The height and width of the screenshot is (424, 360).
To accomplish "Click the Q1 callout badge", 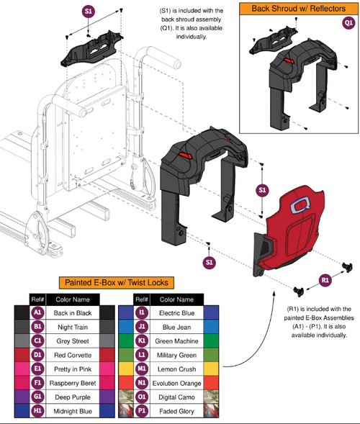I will [348, 24].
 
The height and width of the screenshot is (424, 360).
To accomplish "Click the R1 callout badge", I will [325, 278].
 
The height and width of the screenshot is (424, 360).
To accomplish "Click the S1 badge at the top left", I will [88, 12].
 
